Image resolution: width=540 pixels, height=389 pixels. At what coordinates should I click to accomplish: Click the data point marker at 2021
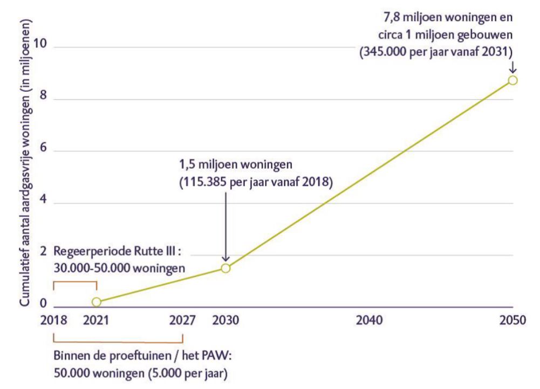(x=97, y=302)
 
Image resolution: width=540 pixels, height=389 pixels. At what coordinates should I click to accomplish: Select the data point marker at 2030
(x=225, y=268)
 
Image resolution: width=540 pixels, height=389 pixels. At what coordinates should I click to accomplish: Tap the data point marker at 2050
(x=512, y=80)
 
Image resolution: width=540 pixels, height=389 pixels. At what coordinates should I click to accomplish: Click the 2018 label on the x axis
(x=53, y=320)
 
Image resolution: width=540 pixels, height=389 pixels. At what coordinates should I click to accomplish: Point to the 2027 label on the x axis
(x=182, y=320)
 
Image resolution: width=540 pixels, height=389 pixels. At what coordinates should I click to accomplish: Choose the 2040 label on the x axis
(x=369, y=320)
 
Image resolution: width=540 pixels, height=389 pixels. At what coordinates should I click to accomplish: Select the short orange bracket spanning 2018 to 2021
(x=74, y=283)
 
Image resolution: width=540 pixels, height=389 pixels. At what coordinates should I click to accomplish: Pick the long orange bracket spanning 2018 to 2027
(x=118, y=339)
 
